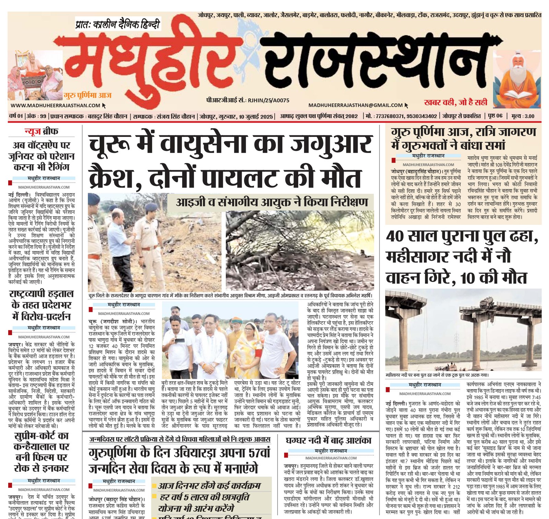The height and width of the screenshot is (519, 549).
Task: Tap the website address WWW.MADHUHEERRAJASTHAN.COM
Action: (x=55, y=106)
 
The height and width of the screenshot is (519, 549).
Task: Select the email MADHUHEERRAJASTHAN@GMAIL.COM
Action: (x=355, y=105)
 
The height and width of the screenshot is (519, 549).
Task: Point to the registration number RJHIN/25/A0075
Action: (x=269, y=100)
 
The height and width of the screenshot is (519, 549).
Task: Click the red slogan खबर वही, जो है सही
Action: (x=455, y=102)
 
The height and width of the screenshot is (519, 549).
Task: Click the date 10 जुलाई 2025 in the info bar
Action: (x=256, y=116)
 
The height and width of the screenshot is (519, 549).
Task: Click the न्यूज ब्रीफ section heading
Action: (x=41, y=131)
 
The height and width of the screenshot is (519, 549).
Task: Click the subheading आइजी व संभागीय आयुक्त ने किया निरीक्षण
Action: (x=272, y=202)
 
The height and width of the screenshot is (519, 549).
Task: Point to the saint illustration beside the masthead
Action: (x=518, y=82)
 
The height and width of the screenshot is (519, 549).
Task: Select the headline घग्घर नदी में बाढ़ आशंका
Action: (x=328, y=441)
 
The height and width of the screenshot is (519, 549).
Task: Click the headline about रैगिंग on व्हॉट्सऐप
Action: (x=41, y=156)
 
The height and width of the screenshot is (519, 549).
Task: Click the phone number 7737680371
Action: (x=390, y=116)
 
